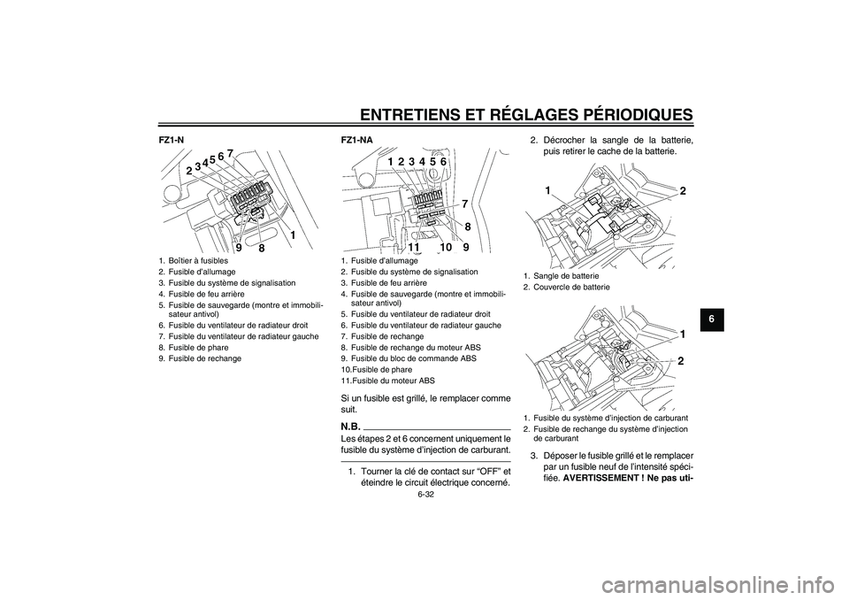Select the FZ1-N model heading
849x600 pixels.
click(171, 140)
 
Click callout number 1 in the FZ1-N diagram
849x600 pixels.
click(291, 235)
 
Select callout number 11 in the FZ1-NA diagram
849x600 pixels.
click(414, 248)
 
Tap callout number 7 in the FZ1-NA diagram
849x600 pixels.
click(464, 204)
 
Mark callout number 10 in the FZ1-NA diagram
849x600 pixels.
click(446, 248)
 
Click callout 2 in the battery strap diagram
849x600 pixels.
click(683, 191)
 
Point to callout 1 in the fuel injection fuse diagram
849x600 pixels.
click(683, 334)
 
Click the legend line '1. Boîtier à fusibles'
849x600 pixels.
click(194, 261)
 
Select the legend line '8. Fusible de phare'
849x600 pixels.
click(192, 348)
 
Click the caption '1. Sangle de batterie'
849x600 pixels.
click(561, 276)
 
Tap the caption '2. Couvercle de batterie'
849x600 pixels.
click(566, 287)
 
